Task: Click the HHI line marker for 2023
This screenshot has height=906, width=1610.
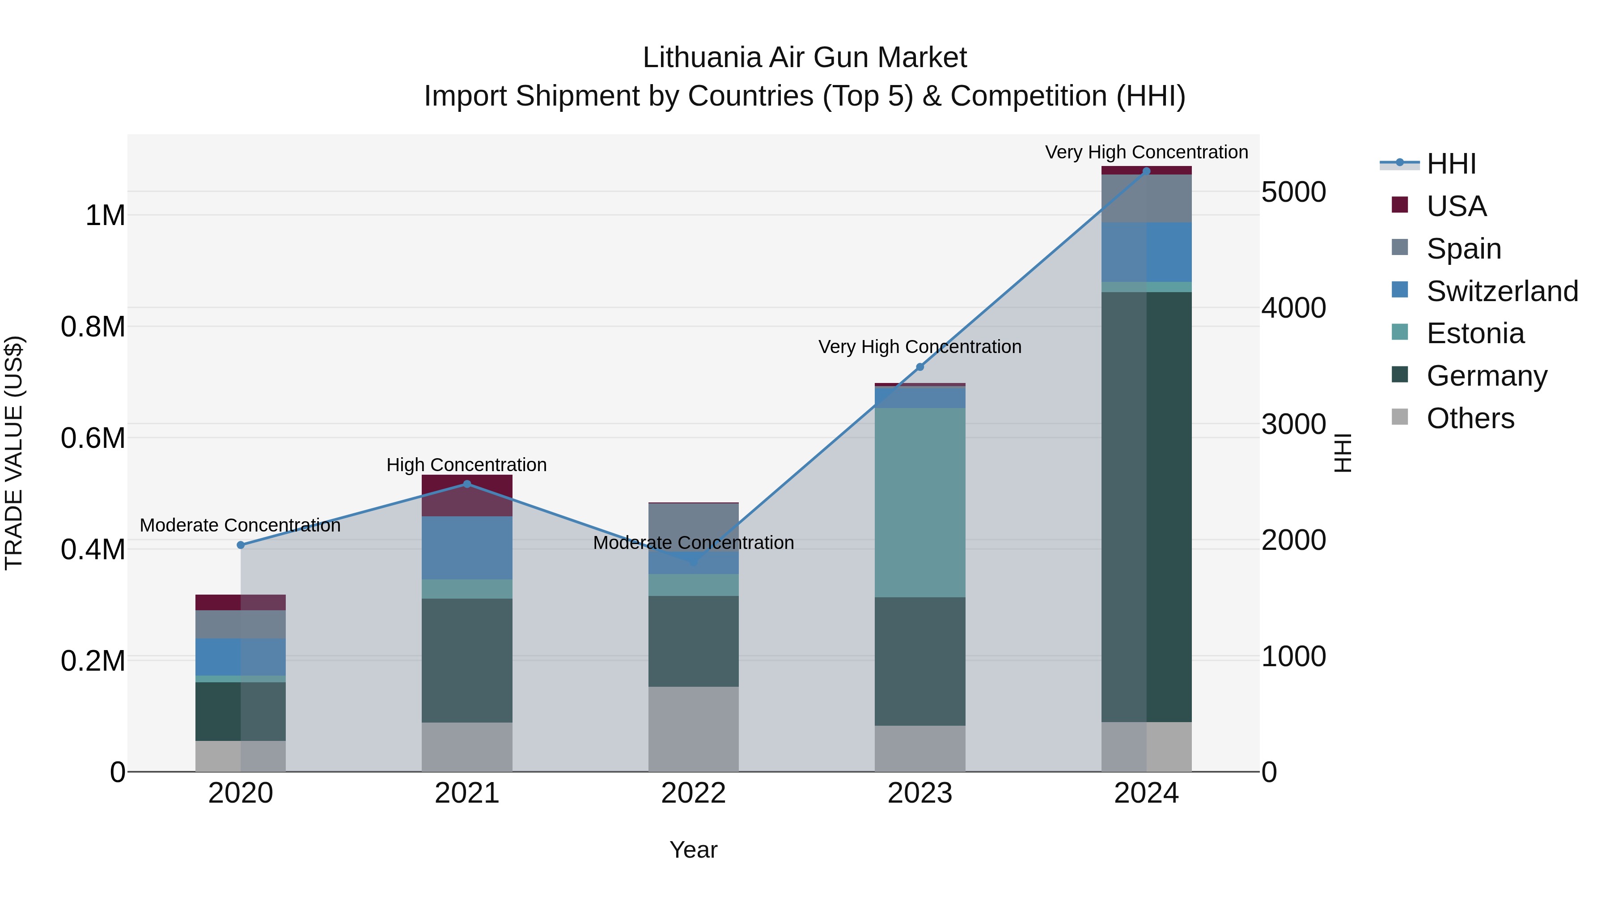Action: point(919,367)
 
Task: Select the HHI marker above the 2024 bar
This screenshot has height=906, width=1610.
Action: point(1146,171)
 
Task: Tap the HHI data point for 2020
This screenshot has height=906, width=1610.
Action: point(241,545)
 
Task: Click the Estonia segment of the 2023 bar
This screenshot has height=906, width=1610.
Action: point(919,502)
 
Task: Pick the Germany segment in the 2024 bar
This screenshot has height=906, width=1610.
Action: point(1146,506)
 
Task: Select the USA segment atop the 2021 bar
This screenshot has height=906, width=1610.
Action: point(467,495)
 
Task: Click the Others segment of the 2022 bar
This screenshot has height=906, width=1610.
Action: point(693,729)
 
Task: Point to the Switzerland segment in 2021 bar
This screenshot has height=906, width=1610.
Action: point(467,548)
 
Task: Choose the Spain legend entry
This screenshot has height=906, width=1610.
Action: point(1463,249)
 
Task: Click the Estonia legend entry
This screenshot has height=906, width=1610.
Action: point(1475,333)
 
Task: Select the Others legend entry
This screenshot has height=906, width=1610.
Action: point(1470,418)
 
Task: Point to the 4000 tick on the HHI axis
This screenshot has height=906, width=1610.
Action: point(1293,308)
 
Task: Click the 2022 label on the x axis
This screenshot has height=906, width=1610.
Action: point(693,793)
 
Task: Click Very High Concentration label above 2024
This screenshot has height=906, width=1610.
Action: point(1146,152)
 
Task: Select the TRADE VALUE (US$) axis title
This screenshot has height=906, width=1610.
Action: point(14,453)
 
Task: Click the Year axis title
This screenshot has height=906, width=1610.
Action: point(693,850)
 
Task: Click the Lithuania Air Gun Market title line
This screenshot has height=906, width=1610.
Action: point(805,58)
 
